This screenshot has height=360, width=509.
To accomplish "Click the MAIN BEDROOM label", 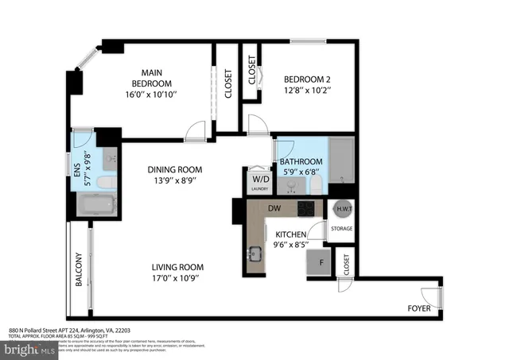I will pos(151,76).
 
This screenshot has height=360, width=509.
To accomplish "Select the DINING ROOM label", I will pos(173,169).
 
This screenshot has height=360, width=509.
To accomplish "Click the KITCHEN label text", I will pos(290,234).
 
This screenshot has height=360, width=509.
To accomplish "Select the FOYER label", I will pos(419,308).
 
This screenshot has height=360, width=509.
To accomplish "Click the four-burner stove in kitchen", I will pos(307,208).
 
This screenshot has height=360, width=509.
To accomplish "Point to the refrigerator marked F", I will pos(321,263).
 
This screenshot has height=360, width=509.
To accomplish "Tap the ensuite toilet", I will pos(104,183).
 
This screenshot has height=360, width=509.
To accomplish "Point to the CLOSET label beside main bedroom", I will pos(228,83).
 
